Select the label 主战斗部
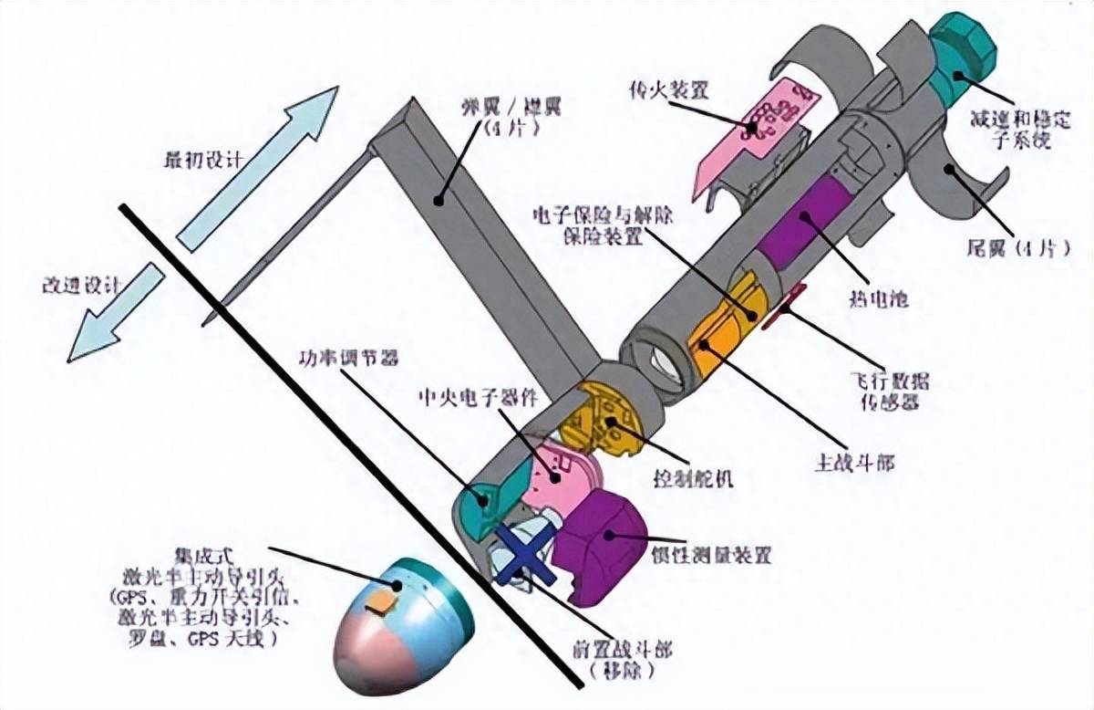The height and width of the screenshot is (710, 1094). point(853,463)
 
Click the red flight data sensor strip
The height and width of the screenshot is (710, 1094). point(787,306)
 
